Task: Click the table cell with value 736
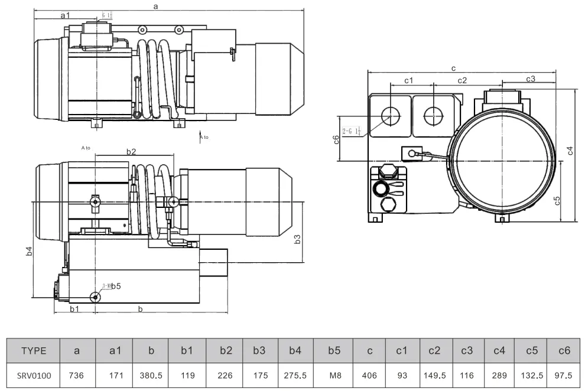click(77, 375)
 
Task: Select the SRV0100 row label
click(33, 375)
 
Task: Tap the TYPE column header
click(33, 350)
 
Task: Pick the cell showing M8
click(334, 375)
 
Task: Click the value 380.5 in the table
click(151, 375)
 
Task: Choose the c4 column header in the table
click(499, 350)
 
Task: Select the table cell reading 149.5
click(434, 375)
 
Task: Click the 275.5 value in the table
click(295, 375)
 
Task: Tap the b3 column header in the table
click(259, 350)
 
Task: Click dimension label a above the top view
click(155, 6)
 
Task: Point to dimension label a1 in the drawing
click(65, 14)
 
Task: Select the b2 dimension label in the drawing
click(131, 152)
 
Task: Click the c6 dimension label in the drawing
click(336, 139)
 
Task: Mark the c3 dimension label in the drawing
click(530, 79)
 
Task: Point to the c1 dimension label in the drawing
click(408, 80)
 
